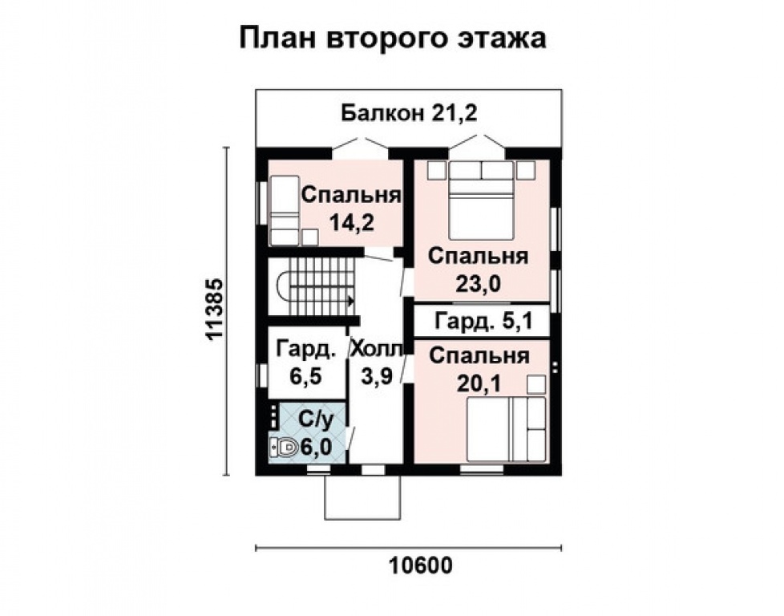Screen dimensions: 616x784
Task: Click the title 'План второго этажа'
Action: [x=392, y=38]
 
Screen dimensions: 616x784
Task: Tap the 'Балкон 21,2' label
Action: [x=409, y=113]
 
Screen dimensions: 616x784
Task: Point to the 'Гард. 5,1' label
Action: [x=481, y=322]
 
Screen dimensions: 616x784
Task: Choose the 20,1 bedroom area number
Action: [x=479, y=383]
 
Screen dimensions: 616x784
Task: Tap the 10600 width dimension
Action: [x=421, y=565]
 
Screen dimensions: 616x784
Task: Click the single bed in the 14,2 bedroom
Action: [x=283, y=210]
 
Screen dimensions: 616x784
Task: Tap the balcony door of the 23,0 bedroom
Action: [x=478, y=144]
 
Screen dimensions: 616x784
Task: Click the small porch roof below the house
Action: [x=362, y=497]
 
